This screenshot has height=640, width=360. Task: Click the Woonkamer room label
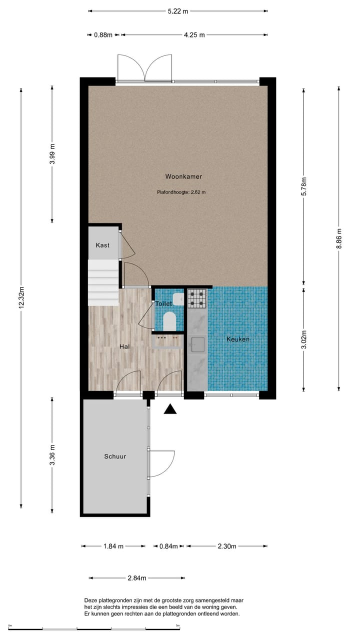click(x=183, y=176)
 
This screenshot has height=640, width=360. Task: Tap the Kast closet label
click(x=102, y=245)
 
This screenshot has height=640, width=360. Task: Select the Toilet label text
click(x=163, y=303)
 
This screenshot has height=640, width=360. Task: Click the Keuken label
click(x=238, y=339)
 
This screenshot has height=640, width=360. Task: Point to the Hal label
click(x=125, y=346)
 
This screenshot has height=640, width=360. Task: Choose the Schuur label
click(x=115, y=456)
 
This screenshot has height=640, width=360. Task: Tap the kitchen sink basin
click(x=197, y=344)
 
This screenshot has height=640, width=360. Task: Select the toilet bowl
click(x=170, y=320)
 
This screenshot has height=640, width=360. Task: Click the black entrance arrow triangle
click(x=171, y=409)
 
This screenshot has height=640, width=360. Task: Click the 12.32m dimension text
click(x=21, y=298)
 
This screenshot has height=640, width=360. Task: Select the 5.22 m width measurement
click(x=177, y=10)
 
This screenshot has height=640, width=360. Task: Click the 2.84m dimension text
click(x=137, y=578)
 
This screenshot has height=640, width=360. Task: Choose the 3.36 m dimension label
click(x=52, y=455)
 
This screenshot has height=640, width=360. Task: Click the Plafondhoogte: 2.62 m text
click(x=181, y=191)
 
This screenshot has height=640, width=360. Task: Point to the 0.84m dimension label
click(x=168, y=546)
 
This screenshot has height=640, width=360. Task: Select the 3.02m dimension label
click(x=304, y=338)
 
